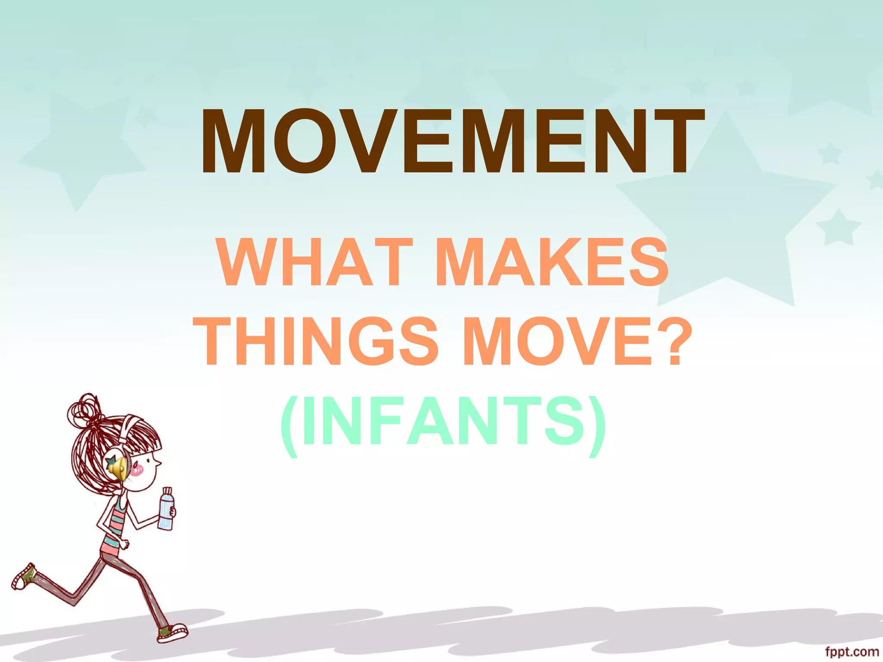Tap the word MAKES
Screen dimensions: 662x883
[x=552, y=263]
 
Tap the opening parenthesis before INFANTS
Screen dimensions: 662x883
[x=289, y=425]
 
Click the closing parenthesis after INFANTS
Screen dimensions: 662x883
[x=597, y=425]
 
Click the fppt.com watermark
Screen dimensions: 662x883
[x=852, y=652]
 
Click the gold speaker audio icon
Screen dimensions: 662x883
[x=118, y=467]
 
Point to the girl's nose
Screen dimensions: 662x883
[x=159, y=463]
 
